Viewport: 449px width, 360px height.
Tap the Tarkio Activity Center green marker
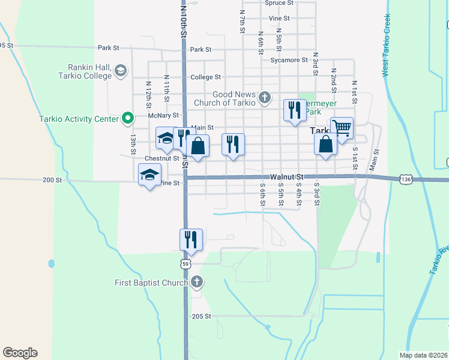click(127, 118)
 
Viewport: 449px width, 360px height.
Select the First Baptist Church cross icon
click(198, 282)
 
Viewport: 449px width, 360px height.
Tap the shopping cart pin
click(342, 128)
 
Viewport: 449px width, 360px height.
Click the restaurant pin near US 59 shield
click(191, 239)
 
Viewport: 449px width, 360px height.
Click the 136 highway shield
click(406, 179)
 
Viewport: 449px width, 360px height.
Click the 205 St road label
click(201, 316)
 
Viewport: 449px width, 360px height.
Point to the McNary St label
click(167, 115)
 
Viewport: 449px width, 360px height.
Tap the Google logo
click(20, 353)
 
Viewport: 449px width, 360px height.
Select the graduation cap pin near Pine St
click(149, 175)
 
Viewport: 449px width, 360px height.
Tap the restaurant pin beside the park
click(294, 110)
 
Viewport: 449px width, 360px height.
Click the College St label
click(206, 77)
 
